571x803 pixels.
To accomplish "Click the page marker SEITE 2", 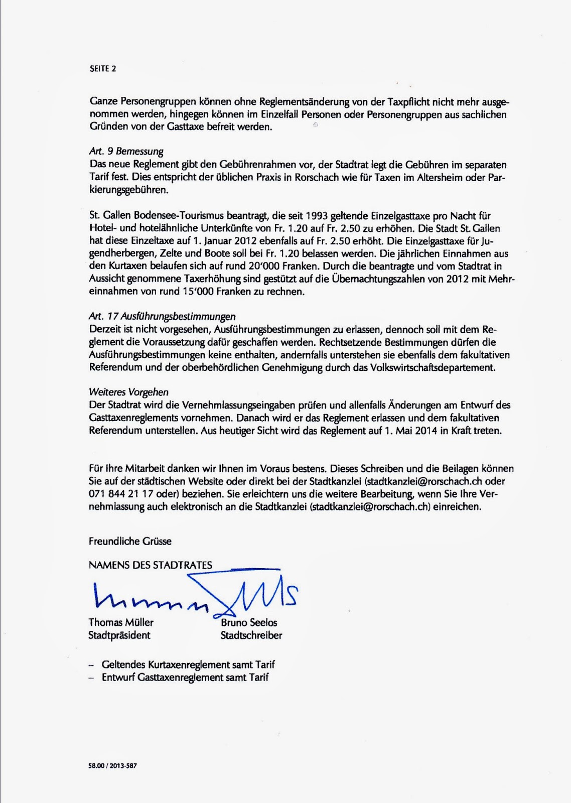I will [102, 69].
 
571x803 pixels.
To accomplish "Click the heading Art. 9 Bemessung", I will [126, 152].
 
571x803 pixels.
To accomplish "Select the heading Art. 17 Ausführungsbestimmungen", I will [162, 317].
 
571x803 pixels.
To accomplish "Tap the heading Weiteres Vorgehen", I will [128, 392].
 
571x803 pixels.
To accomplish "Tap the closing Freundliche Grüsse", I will [130, 541].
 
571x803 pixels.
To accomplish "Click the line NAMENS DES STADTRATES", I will [151, 565].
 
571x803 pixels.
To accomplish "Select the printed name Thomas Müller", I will [121, 622].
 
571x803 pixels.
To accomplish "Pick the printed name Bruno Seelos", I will [249, 622].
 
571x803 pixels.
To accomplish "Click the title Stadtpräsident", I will [119, 635].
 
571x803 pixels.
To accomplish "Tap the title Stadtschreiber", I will [251, 635].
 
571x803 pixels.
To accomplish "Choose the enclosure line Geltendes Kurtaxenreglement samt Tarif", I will [188, 664].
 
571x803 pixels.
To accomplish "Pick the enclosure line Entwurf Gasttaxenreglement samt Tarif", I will [185, 677].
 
